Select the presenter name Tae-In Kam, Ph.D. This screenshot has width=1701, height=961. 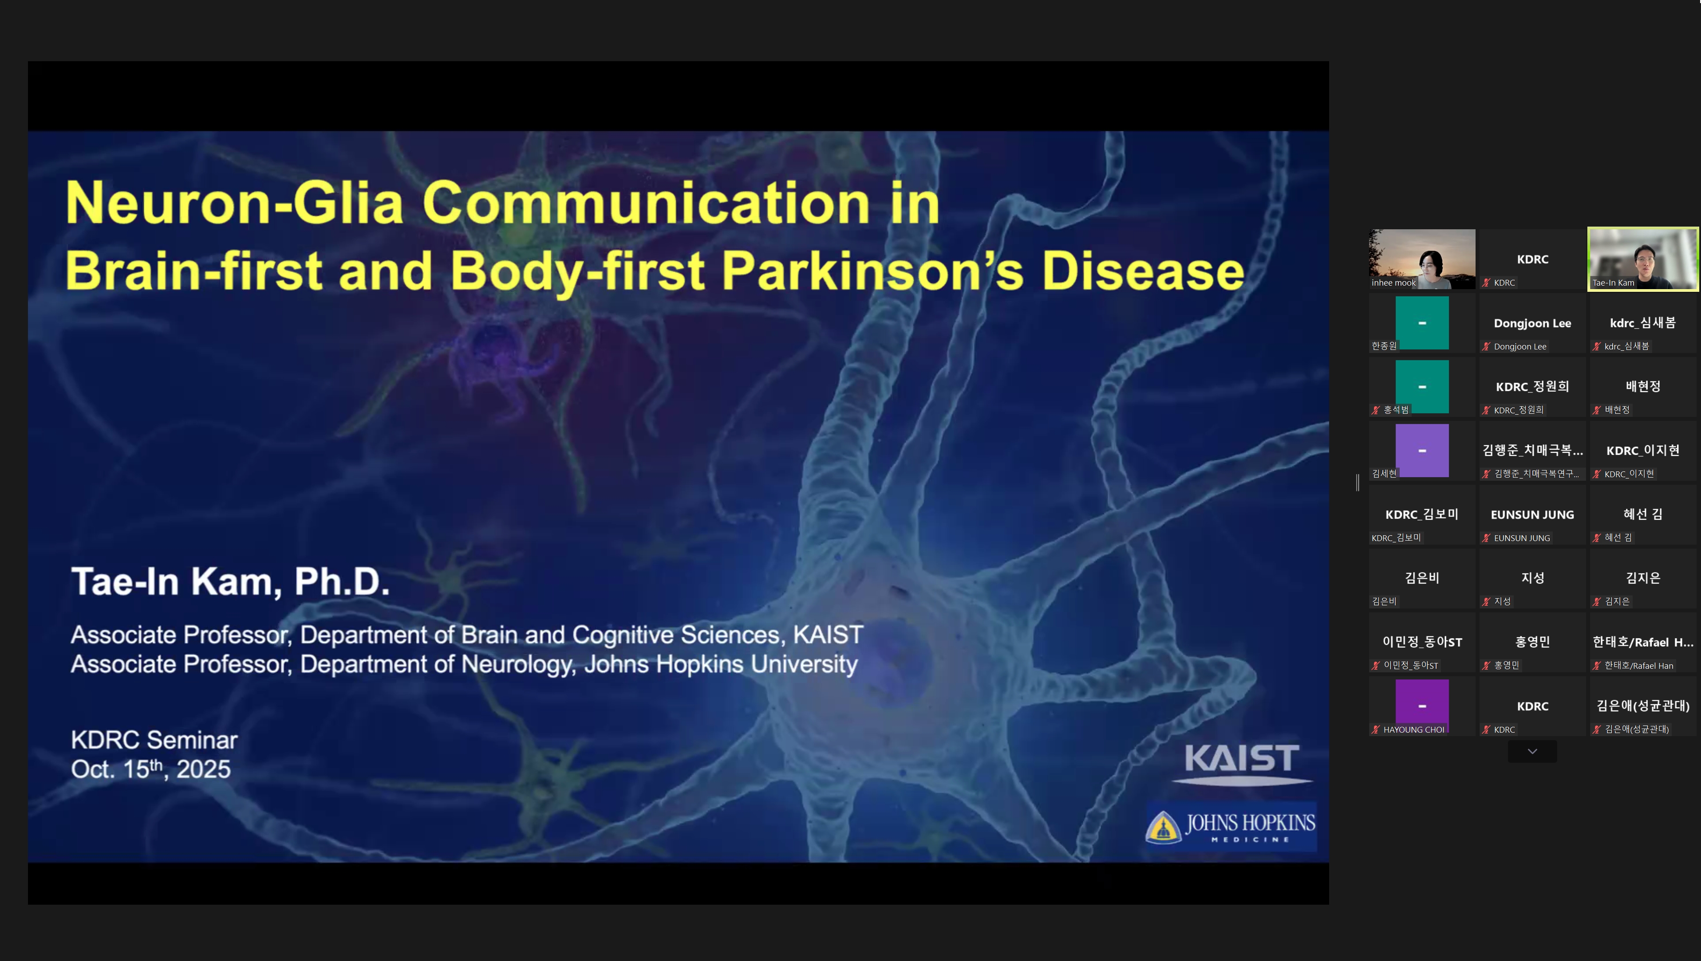230,581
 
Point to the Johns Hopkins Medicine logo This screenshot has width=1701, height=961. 1230,827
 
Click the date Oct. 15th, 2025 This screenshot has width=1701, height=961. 150,769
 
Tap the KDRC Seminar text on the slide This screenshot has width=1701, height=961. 154,740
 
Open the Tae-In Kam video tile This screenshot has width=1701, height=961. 1643,259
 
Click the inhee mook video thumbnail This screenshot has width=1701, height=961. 1422,259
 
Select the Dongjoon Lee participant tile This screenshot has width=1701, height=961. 1532,323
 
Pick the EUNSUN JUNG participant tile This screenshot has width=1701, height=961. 1532,515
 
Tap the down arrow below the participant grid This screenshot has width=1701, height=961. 1532,751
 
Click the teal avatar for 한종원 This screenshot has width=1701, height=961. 1422,323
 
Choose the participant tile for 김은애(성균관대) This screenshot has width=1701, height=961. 1643,706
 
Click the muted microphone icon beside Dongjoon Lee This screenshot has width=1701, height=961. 1486,346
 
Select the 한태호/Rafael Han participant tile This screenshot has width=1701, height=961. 1643,642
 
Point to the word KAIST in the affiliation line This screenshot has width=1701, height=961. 828,635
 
